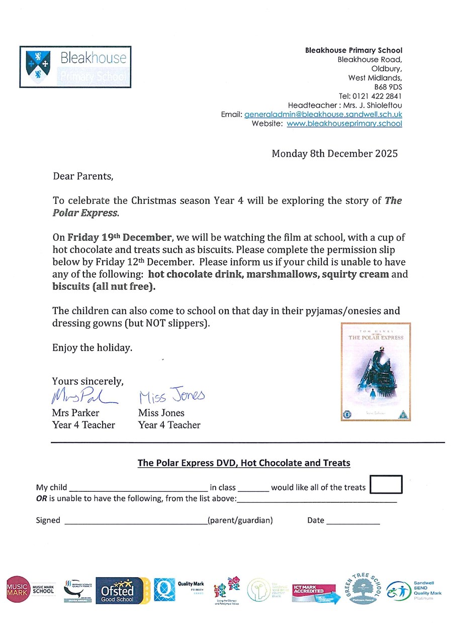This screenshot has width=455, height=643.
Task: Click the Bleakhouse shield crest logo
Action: coord(38,67)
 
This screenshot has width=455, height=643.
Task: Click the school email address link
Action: coord(323,115)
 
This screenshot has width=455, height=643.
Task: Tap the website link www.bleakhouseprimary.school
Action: coord(344,124)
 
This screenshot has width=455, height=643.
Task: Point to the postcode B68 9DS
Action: coord(388,87)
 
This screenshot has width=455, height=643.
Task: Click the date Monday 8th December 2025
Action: coord(334,154)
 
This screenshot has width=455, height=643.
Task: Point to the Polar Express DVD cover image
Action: coord(376,372)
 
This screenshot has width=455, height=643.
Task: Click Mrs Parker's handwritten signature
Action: coord(83,397)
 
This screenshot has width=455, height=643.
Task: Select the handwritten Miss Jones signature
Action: coord(171,396)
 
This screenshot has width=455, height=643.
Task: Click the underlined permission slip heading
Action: coord(244,463)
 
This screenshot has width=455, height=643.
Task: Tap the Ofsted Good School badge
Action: coord(122,590)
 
